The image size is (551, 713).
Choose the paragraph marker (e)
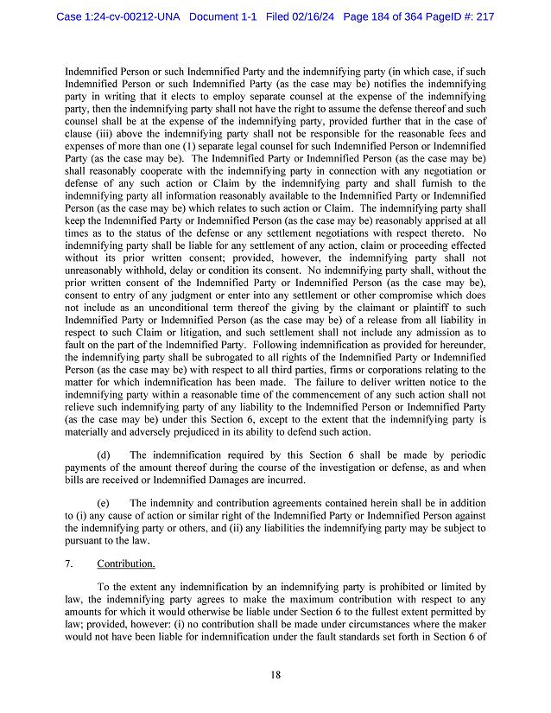pyautogui.click(x=104, y=502)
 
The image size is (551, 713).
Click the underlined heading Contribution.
pyautogui.click(x=126, y=563)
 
